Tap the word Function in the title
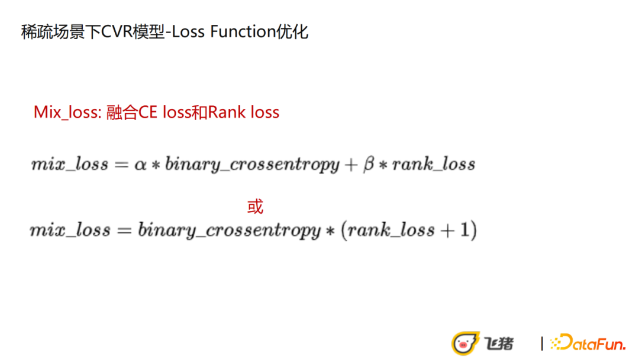[243, 32]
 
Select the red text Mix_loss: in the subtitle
[67, 112]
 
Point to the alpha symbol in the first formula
[140, 164]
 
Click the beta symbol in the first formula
[369, 164]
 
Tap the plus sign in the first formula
[350, 165]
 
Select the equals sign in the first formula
[121, 165]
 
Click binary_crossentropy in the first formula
[252, 165]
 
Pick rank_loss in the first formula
[434, 164]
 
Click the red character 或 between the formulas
[256, 207]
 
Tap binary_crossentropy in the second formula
[229, 230]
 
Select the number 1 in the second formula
[464, 230]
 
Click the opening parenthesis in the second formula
[344, 230]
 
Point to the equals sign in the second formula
[124, 231]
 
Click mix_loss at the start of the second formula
[70, 230]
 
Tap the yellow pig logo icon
[464, 343]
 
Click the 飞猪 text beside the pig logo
[499, 343]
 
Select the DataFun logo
[588, 342]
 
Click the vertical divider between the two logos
[541, 343]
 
